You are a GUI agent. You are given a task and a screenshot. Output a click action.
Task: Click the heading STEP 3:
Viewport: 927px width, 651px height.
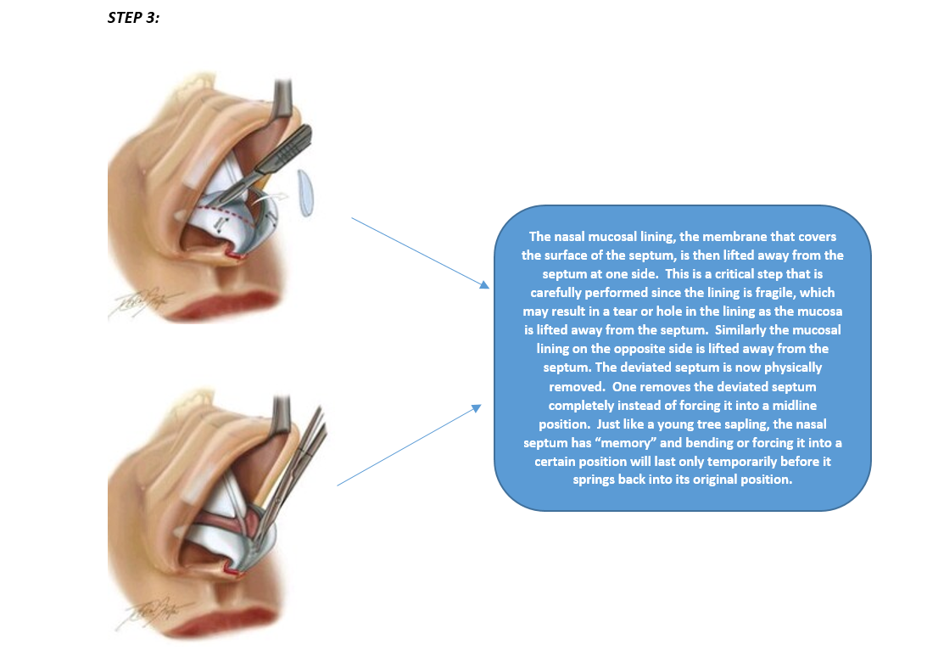(134, 18)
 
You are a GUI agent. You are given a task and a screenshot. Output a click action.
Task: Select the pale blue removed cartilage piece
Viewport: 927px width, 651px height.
(305, 193)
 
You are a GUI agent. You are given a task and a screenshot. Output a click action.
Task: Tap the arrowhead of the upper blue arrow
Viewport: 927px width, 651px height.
(485, 284)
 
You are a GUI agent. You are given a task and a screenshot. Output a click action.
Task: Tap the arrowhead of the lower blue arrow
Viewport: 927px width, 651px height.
(476, 408)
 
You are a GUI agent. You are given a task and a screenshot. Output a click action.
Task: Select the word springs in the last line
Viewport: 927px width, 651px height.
(594, 480)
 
